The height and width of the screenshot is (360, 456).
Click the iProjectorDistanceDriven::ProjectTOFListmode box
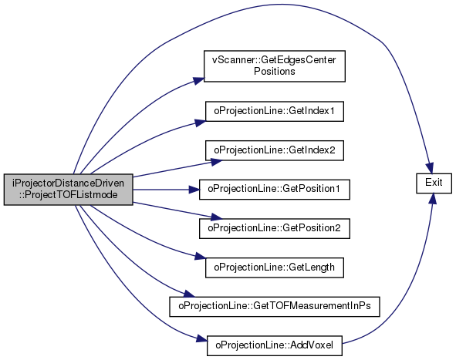(69, 190)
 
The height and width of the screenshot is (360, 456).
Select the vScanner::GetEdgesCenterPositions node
(275, 66)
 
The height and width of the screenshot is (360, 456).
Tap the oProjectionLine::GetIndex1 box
(275, 111)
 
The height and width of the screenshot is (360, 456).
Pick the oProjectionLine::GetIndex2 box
(275, 150)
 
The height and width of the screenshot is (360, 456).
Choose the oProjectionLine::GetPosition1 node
(275, 190)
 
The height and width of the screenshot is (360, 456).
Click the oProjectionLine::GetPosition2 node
(275, 229)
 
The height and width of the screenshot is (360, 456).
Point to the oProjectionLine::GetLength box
(275, 267)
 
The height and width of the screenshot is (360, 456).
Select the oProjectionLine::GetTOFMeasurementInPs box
(275, 307)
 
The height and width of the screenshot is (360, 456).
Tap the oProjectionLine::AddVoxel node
(275, 346)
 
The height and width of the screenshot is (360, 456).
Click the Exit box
(434, 183)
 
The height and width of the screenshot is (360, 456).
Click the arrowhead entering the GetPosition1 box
(194, 190)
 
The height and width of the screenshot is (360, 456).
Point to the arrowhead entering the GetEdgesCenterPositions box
(199, 80)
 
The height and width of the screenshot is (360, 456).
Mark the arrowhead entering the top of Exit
(430, 168)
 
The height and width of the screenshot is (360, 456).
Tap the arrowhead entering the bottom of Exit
(432, 199)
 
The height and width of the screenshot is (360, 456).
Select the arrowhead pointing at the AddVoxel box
(201, 338)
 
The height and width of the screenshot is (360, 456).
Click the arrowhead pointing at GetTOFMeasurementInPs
(189, 294)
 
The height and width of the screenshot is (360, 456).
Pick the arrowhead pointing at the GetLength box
(200, 257)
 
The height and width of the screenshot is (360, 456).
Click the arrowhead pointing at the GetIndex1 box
(200, 123)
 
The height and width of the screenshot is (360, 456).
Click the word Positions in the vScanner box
(275, 72)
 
